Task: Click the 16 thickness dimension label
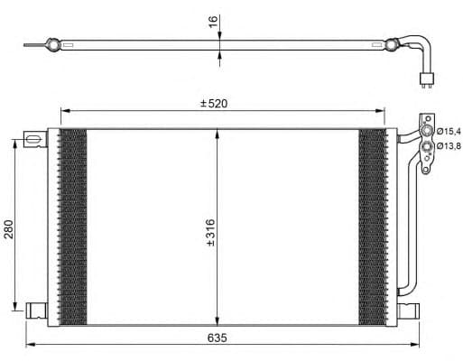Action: pyautogui.click(x=213, y=21)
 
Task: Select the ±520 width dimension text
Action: pyautogui.click(x=215, y=104)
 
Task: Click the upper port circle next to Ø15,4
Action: pyautogui.click(x=427, y=133)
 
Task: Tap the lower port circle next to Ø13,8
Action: pyautogui.click(x=427, y=145)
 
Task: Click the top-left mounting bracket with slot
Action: pyautogui.click(x=34, y=140)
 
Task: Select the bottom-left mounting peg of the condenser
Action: pyautogui.click(x=36, y=310)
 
